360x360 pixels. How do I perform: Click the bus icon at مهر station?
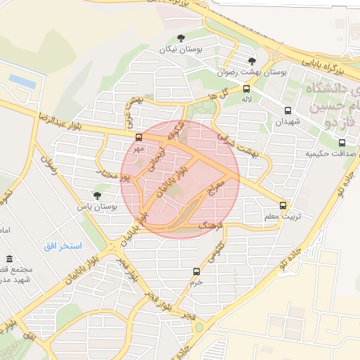tap(139, 138)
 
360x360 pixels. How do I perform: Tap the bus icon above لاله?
tap(246, 89)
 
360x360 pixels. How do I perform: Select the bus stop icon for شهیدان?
tap(288, 110)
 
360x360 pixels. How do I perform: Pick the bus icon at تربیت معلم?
tap(283, 205)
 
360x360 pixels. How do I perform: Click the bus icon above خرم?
tap(196, 271)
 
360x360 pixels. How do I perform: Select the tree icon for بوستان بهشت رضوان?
tap(252, 61)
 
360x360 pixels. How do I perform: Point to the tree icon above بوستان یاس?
tap(97, 195)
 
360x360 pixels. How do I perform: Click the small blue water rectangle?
tap(22, 82)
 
